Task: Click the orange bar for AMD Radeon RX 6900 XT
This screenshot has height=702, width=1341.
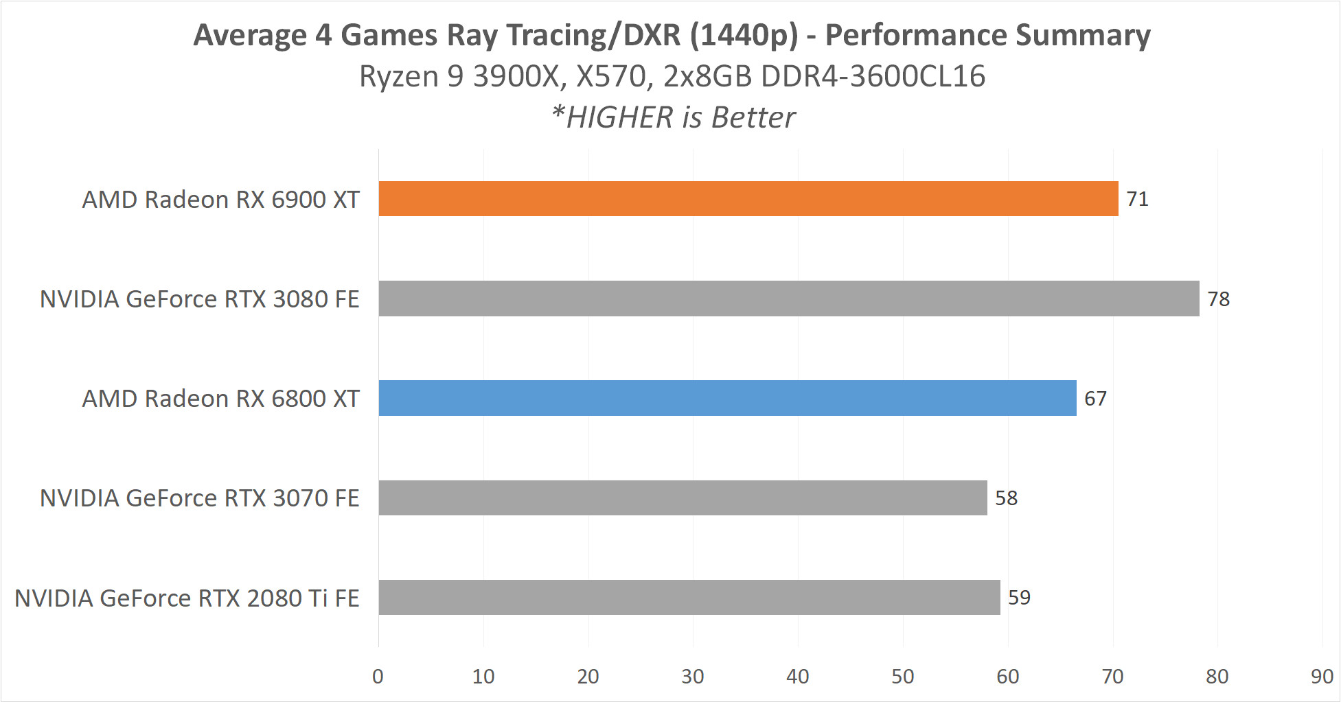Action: pos(748,199)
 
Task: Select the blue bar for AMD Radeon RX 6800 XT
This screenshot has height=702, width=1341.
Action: pos(727,398)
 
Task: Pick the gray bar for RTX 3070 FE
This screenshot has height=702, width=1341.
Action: pos(683,498)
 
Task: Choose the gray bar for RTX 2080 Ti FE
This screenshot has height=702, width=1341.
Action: pos(689,597)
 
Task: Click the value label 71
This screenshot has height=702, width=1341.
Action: pos(1137,199)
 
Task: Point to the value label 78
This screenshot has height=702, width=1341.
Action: pos(1218,299)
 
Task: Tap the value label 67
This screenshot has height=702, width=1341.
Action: pos(1095,399)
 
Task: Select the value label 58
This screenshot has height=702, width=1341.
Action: pos(1006,498)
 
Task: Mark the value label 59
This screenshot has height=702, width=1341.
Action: pos(1019,598)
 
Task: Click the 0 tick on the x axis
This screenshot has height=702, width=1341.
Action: pos(378,677)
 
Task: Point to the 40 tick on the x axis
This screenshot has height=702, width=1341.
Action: pos(797,677)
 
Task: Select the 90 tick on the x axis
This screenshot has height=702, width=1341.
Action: pos(1322,677)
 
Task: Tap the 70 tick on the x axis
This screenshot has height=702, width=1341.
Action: pos(1112,677)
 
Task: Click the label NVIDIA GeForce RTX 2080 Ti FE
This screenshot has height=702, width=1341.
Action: pos(187,598)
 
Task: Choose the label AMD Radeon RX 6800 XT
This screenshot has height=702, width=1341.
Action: pos(220,399)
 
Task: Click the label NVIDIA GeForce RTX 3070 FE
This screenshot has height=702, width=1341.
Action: pos(199,498)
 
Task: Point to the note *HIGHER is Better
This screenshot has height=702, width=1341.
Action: pos(673,117)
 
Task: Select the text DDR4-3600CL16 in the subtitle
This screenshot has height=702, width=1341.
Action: pos(873,76)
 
